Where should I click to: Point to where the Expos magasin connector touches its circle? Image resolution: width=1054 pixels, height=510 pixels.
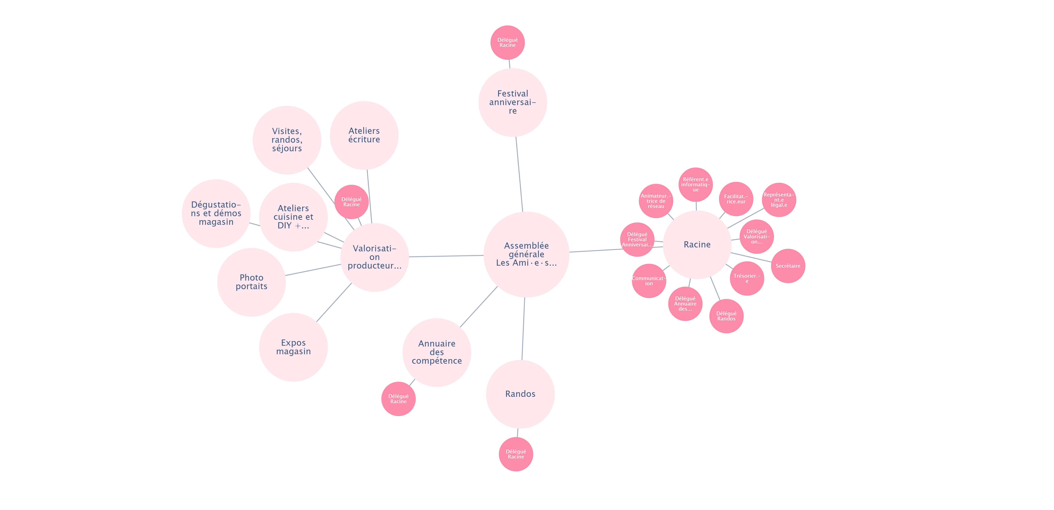[317, 321]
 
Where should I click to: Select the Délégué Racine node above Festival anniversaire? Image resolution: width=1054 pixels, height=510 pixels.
[507, 43]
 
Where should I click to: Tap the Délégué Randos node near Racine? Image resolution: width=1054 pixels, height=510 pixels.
[726, 316]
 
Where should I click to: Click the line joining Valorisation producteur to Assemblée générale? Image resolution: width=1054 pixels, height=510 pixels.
[446, 256]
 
